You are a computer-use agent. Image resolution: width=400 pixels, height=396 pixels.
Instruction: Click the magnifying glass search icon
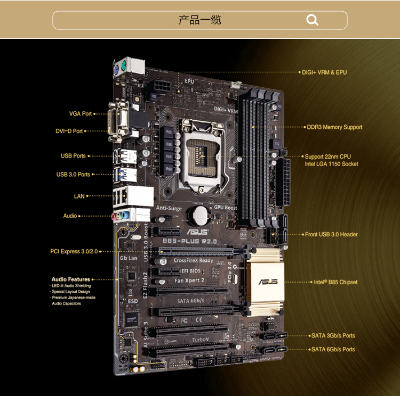(x=313, y=20)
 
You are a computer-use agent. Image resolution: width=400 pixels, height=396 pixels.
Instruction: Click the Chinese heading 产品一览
(x=200, y=20)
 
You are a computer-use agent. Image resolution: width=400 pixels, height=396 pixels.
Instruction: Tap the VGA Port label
(x=81, y=114)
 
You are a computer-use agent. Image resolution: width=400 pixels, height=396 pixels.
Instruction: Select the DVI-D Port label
(x=70, y=131)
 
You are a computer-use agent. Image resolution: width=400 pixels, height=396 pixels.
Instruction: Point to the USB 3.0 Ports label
(x=73, y=175)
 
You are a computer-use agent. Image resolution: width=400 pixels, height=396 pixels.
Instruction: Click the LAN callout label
(x=79, y=196)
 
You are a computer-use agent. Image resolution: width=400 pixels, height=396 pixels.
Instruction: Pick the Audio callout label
(x=70, y=216)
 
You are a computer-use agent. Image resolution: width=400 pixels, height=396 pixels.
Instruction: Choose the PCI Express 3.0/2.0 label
(x=74, y=251)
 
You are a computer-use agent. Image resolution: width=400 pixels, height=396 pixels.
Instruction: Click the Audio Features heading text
(x=71, y=279)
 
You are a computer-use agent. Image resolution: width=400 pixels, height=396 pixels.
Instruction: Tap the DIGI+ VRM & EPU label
(x=324, y=72)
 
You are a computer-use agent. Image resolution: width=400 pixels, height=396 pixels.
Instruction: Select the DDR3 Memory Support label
(x=334, y=127)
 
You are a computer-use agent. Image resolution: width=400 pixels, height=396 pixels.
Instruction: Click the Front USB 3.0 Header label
(x=331, y=234)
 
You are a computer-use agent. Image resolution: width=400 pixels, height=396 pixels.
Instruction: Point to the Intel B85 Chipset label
(x=335, y=282)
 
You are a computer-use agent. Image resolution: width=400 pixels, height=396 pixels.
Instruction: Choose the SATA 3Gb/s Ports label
(x=333, y=336)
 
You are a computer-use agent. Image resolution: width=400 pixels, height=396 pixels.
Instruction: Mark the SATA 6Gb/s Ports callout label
(x=333, y=350)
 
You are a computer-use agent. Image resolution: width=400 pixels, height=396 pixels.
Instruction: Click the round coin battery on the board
(x=201, y=215)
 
